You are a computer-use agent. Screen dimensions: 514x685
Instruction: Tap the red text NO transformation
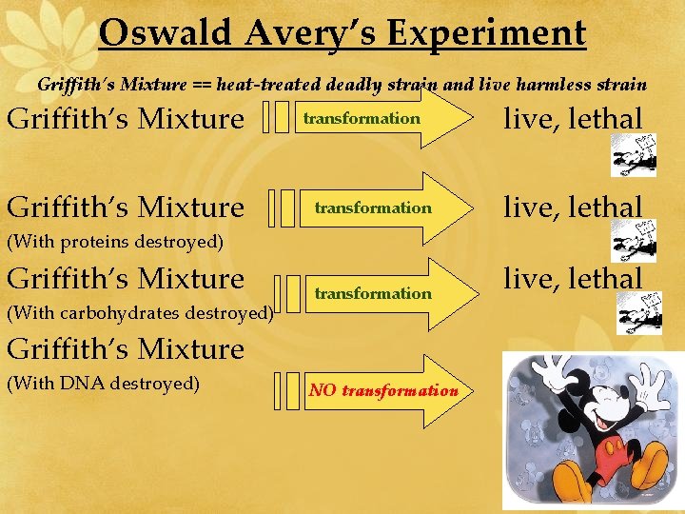(x=382, y=391)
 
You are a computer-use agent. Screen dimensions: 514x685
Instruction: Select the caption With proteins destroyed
(x=115, y=242)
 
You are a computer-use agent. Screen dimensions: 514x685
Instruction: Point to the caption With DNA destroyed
(x=103, y=384)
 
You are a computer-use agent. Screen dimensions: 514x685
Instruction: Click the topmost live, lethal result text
(x=573, y=119)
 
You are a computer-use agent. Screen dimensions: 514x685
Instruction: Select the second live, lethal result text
(x=573, y=207)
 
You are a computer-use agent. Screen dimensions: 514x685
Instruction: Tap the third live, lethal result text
(x=573, y=279)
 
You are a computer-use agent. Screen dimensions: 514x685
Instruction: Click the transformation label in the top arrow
(x=362, y=118)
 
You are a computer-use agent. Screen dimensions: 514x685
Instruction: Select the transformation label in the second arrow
(x=373, y=208)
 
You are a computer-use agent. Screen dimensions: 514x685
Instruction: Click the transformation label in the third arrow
(x=373, y=293)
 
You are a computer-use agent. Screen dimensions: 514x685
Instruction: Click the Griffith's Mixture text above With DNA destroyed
(x=126, y=349)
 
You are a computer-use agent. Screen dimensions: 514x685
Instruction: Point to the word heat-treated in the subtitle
(x=269, y=85)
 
